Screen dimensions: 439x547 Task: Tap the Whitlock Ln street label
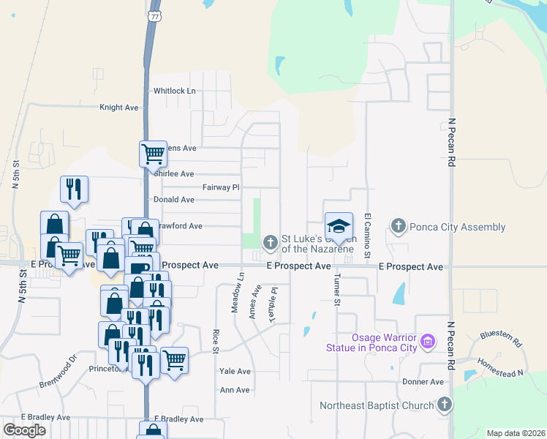174,91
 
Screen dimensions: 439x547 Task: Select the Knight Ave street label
118,108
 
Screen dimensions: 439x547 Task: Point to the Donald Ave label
173,200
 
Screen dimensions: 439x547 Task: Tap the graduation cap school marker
339,225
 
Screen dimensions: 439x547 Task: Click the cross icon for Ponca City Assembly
399,226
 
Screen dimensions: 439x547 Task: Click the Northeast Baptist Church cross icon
444,405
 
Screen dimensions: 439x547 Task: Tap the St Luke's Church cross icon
271,241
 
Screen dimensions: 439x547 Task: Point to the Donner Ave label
423,382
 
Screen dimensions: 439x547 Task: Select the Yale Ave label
235,372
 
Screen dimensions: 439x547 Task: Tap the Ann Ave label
235,390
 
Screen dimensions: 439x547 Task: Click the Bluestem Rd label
500,339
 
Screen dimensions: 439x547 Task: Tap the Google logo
24,429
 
